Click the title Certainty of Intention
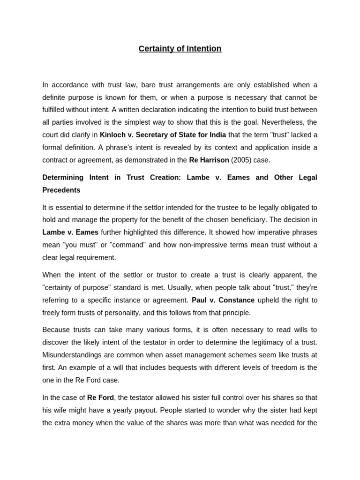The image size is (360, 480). pyautogui.click(x=180, y=49)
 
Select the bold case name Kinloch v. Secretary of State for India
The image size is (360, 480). pyautogui.click(x=163, y=135)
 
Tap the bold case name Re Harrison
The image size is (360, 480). pyautogui.click(x=209, y=160)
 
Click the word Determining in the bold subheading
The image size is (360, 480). pyautogui.click(x=63, y=178)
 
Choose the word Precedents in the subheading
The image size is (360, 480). pyautogui.click(x=61, y=190)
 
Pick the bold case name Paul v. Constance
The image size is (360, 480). pyautogui.click(x=223, y=300)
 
